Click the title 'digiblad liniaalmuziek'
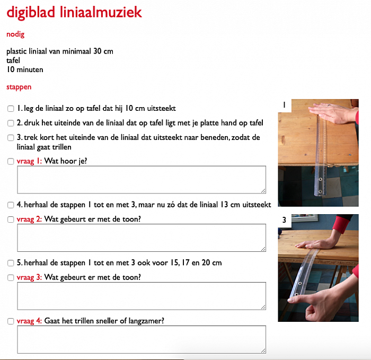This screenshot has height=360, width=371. pyautogui.click(x=74, y=12)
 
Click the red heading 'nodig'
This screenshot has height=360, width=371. pyautogui.click(x=15, y=34)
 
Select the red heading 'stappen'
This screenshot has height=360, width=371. pyautogui.click(x=19, y=86)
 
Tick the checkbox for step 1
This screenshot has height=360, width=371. pyautogui.click(x=11, y=109)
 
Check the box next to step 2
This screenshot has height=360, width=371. pyautogui.click(x=11, y=123)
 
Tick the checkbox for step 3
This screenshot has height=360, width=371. pyautogui.click(x=11, y=138)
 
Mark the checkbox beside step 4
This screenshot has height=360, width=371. pyautogui.click(x=11, y=205)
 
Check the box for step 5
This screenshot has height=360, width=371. pyautogui.click(x=11, y=263)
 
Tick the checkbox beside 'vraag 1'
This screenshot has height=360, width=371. pyautogui.click(x=11, y=161)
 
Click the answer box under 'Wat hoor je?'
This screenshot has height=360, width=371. pyautogui.click(x=141, y=180)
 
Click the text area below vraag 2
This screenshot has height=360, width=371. pyautogui.click(x=141, y=238)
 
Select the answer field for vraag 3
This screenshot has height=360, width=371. pyautogui.click(x=141, y=296)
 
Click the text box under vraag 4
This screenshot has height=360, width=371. pyautogui.click(x=141, y=339)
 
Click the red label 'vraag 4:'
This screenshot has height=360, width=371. pyautogui.click(x=29, y=321)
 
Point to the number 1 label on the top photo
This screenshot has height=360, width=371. pyautogui.click(x=285, y=105)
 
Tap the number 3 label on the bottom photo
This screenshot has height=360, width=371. pyautogui.click(x=285, y=220)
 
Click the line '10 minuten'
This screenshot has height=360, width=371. pyautogui.click(x=25, y=69)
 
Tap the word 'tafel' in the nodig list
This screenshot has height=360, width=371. pyautogui.click(x=13, y=60)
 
